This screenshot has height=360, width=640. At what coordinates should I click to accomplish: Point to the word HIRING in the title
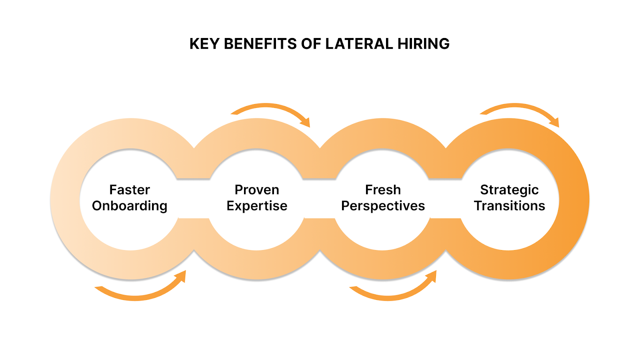coord(424,44)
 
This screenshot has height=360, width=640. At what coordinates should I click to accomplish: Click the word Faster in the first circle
coord(130,190)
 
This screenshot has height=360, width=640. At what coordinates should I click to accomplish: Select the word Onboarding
coord(130,206)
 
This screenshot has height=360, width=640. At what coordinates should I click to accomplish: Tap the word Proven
coord(257,190)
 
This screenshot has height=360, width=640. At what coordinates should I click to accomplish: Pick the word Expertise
coord(257,206)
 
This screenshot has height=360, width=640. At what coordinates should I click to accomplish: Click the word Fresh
coord(383,190)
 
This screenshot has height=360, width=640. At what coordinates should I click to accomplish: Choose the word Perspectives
coord(383,206)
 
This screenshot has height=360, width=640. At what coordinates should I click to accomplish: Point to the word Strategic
coord(509,190)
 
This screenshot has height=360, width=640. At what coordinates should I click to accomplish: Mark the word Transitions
coord(509,206)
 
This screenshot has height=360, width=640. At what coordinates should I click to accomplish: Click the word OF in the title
coord(311,44)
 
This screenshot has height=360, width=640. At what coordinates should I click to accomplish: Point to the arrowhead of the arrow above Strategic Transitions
coord(555,122)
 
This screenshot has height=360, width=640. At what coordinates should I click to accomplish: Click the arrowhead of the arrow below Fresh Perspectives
coord(432,276)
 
